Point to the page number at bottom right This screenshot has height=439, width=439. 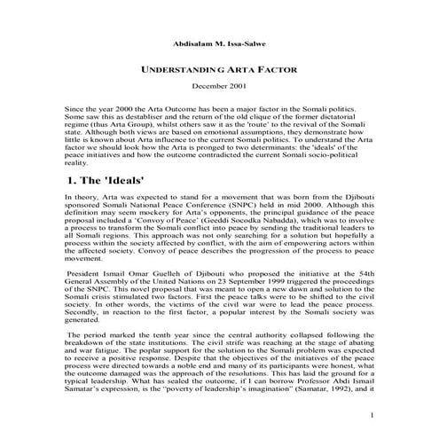pyautogui.click(x=373, y=414)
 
